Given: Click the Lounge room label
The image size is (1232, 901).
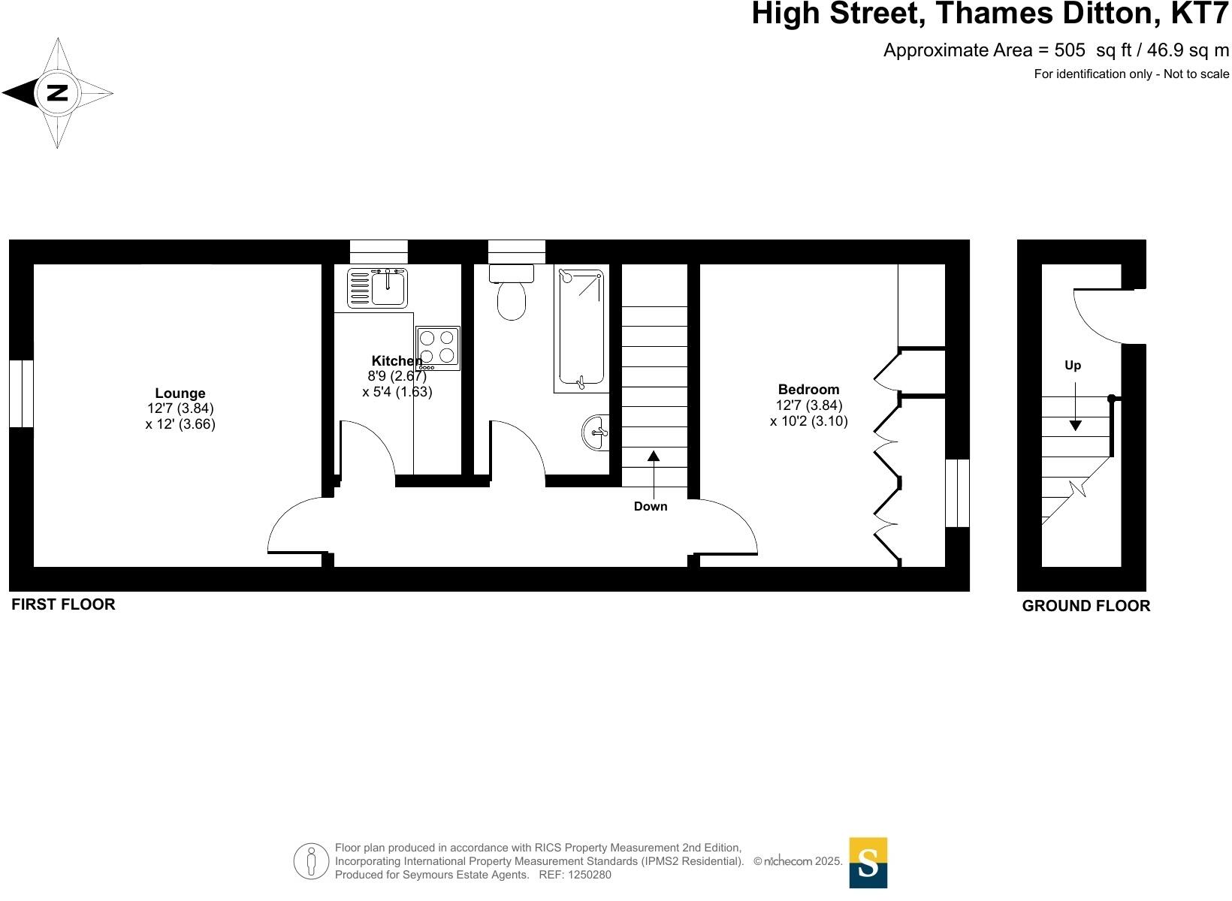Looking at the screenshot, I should (180, 393).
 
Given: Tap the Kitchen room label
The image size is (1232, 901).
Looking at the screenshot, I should (397, 361).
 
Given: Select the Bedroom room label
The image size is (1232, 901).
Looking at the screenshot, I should (808, 390).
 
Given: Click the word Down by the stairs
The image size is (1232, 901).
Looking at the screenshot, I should (650, 507).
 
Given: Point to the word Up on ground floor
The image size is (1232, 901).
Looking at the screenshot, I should (1073, 366).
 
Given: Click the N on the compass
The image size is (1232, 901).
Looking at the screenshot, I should (57, 93).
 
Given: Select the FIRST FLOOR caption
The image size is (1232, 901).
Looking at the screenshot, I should (63, 604).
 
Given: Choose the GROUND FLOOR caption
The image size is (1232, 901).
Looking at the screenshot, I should (1086, 606).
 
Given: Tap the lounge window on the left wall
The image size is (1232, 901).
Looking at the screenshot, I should (21, 394).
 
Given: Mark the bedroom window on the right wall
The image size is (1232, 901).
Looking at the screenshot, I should (957, 493).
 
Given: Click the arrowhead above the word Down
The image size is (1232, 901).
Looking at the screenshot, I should (654, 455).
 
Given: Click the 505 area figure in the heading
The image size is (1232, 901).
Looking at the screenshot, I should (1070, 50).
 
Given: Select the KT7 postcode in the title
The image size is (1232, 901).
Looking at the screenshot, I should (1200, 14).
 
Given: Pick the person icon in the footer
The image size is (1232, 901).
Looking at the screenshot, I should (310, 861).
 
